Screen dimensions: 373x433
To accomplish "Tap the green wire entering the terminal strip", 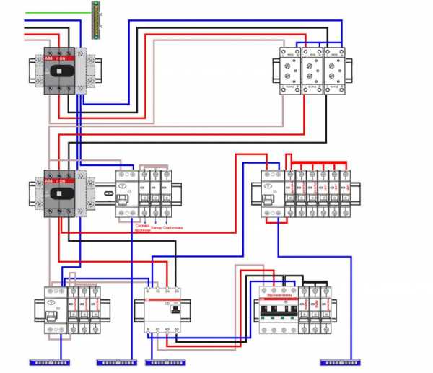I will [x=58, y=13].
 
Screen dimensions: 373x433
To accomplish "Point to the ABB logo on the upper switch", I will [x=49, y=58].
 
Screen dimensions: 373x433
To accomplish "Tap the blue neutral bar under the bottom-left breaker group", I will [x=48, y=362].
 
